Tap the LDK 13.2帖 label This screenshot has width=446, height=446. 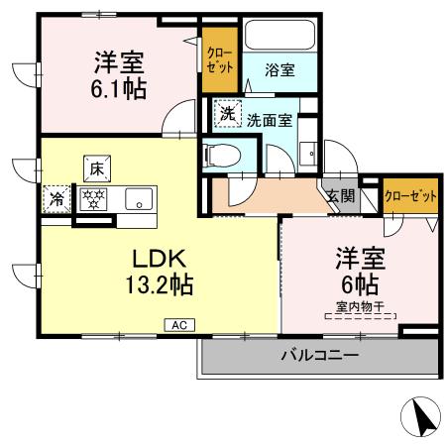pos(160,271)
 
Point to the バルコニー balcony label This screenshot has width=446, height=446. pos(319,354)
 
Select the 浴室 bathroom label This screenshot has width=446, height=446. pos(279,71)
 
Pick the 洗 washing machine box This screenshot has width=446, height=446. pos(228,113)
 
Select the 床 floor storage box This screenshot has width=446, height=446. pos(96,167)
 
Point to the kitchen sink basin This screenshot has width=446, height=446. pos(140,198)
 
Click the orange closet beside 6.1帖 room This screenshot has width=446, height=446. pos(218,61)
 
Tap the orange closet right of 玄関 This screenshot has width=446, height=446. pos(410,195)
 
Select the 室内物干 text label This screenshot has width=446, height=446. pos(359,308)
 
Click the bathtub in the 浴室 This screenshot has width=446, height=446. pos(279,37)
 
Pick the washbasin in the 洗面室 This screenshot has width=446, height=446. pos(308,154)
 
